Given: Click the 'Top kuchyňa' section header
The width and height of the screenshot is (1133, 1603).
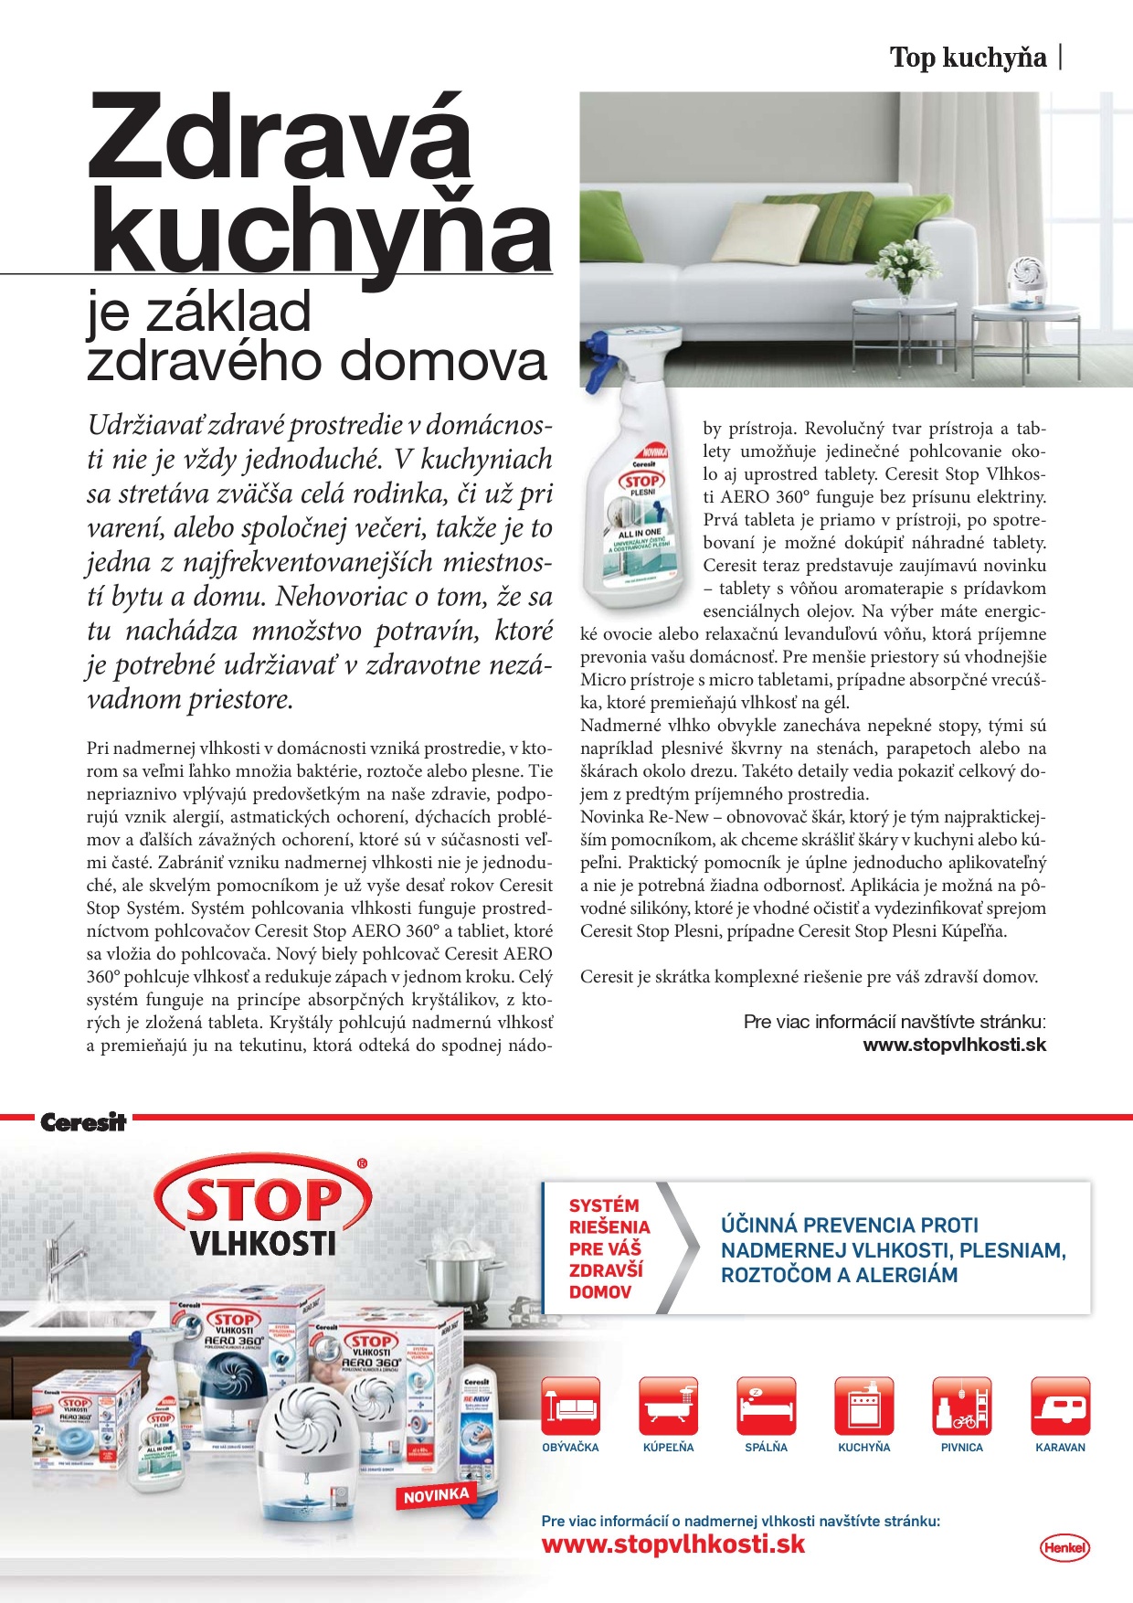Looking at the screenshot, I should (x=968, y=58).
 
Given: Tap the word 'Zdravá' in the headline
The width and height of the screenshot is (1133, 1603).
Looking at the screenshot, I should (x=279, y=137).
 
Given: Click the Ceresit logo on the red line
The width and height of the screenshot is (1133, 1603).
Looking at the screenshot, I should (x=82, y=1122).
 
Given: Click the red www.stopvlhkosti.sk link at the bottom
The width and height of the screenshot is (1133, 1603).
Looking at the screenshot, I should (x=673, y=1545).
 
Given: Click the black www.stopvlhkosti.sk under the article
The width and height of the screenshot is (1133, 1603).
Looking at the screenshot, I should (x=954, y=1045).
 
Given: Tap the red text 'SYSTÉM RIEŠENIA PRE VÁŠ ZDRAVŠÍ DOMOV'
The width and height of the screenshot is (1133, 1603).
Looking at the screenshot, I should (x=607, y=1248).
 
